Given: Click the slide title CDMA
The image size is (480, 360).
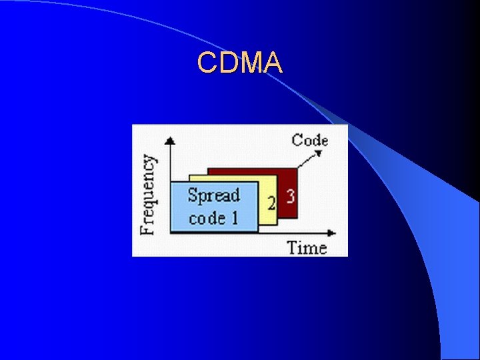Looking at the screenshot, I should [x=240, y=63].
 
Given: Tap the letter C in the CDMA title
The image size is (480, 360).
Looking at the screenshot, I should [x=207, y=63].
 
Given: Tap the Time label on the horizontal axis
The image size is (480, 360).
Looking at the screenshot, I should [x=307, y=248].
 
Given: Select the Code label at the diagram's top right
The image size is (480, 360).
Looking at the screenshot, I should [x=310, y=140].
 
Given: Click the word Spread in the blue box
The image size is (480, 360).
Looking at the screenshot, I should [x=213, y=195].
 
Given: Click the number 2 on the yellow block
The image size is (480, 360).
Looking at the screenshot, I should [x=271, y=203].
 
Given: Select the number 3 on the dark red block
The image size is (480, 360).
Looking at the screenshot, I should [x=290, y=197].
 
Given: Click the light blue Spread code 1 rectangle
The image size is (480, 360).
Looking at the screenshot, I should [x=213, y=207].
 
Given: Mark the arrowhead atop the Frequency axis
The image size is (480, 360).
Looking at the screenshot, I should [x=171, y=141].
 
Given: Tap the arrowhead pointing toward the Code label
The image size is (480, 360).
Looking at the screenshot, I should [x=319, y=153].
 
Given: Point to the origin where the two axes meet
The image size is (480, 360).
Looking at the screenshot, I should [x=171, y=233].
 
